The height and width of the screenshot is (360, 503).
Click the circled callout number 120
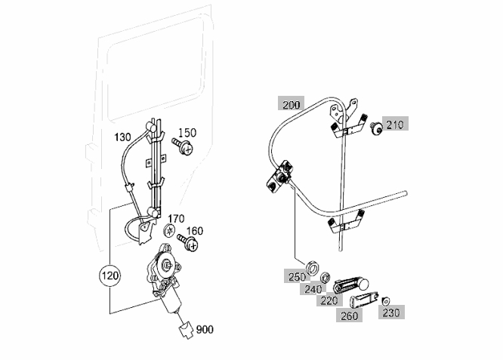tap(110, 275)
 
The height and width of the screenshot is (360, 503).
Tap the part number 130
tap(122, 137)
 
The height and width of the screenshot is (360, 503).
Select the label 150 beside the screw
tap(187, 132)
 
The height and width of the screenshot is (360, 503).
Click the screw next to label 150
tap(183, 146)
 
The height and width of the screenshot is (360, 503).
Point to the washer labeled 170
tap(169, 230)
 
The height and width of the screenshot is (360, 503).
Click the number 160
tap(194, 231)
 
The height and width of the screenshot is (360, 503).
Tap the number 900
tap(205, 329)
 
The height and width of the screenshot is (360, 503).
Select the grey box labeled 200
tap(292, 105)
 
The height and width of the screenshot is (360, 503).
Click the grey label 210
tap(395, 125)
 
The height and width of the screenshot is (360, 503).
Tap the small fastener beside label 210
tap(376, 128)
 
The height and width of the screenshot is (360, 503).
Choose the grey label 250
tap(297, 277)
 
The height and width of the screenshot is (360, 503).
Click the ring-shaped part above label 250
tap(313, 268)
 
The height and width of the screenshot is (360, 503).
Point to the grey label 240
tap(313, 290)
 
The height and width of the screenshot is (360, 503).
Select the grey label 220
tap(329, 300)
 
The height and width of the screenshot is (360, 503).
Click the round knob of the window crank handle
tap(363, 284)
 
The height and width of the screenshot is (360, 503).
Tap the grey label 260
tap(349, 315)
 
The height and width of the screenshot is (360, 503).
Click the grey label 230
tap(391, 312)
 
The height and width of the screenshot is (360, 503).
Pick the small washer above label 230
tap(386, 301)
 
